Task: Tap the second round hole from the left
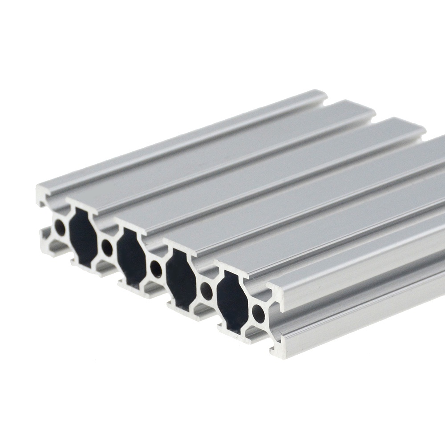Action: pos(107,248)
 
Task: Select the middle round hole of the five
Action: pos(156,269)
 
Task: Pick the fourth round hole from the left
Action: pos(206,291)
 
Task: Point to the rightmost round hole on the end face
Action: pos(258,313)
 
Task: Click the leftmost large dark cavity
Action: pos(83,237)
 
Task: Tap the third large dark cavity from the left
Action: pos(181,279)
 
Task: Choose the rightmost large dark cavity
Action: pos(232,302)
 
